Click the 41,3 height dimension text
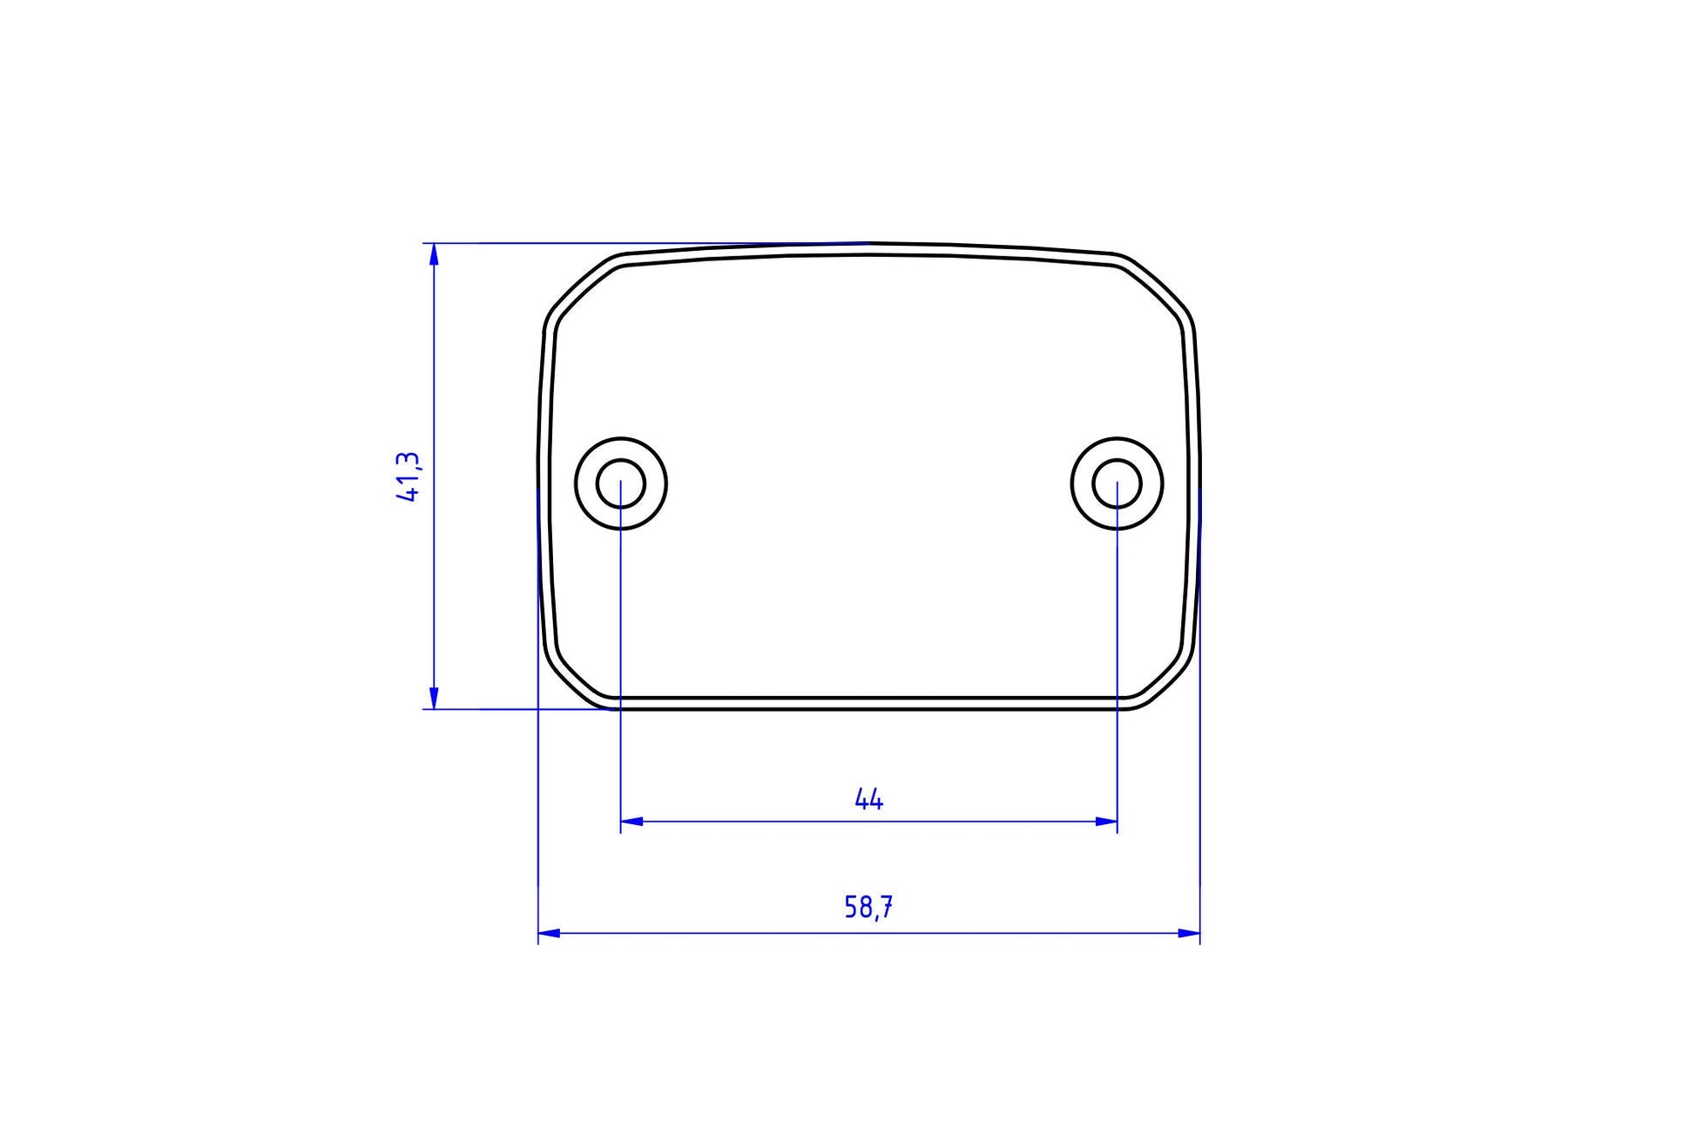[409, 477]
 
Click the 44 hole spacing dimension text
[868, 799]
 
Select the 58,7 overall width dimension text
[868, 908]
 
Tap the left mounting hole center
[621, 483]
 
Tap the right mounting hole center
[1117, 483]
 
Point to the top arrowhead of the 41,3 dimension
[434, 254]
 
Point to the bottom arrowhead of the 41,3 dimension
[434, 699]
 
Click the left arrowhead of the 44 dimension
[631, 821]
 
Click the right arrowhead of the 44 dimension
[1106, 821]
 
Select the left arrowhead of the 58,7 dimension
[549, 933]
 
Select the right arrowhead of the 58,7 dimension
[1189, 933]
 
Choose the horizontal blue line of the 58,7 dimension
[697, 933]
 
